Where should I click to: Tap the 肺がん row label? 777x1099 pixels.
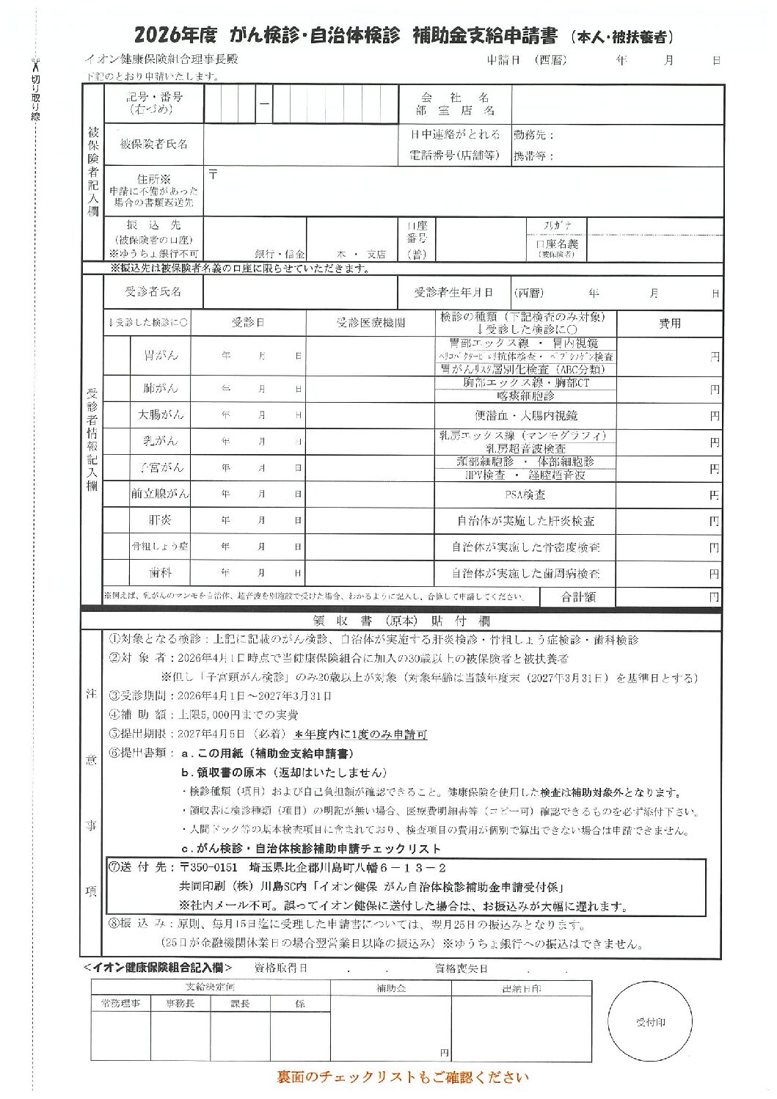(160, 388)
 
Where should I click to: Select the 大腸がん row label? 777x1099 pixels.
(160, 415)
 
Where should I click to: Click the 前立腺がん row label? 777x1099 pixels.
(160, 494)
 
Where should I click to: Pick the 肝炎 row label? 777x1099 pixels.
(160, 520)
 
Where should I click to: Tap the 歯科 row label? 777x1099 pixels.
(160, 572)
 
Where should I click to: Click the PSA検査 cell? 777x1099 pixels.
(525, 494)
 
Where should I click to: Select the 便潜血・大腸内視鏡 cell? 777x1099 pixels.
(525, 415)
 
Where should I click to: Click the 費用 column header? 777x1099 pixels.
(669, 323)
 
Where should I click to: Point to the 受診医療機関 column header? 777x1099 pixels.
(370, 323)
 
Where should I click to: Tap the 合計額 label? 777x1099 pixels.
(577, 597)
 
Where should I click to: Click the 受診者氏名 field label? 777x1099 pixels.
(153, 292)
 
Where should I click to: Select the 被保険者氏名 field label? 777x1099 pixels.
(153, 144)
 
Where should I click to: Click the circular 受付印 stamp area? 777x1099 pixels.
(650, 1022)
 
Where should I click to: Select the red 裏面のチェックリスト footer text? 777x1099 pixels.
(402, 1077)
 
